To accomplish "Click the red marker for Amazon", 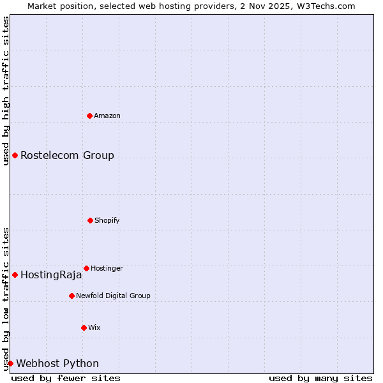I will (89, 116).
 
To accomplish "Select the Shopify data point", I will (90, 220).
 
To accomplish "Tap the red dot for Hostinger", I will (86, 268).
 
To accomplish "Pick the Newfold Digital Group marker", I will (71, 296).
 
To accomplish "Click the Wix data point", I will (84, 327).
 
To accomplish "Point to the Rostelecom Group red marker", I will (15, 155).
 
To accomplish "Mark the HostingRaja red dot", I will (15, 274).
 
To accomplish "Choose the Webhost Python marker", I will (10, 363).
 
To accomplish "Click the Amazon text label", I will (107, 116).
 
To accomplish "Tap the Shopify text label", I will (107, 220).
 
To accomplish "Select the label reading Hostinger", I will (107, 268).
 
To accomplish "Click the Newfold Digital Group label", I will (113, 296).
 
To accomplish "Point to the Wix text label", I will (94, 327).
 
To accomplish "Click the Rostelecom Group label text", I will (67, 155).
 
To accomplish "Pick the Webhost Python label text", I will (57, 363).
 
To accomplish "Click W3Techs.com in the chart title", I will (325, 6).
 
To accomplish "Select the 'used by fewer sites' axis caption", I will (66, 378).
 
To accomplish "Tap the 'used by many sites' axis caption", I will (320, 378).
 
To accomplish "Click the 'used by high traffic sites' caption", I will (6, 91).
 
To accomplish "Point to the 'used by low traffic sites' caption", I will (6, 298).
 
